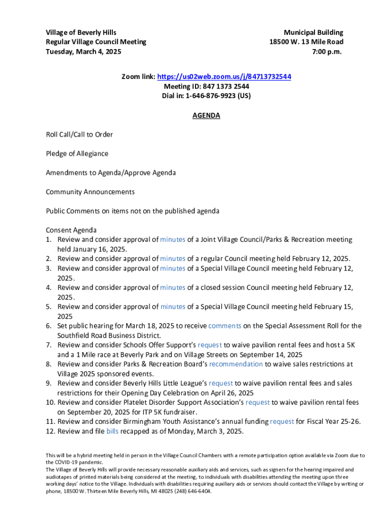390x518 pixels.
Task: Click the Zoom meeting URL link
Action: [x=224, y=77]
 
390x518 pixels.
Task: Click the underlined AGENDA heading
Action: [x=206, y=115]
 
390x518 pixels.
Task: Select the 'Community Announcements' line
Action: [x=90, y=192]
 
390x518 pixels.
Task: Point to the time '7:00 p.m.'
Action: [x=328, y=51]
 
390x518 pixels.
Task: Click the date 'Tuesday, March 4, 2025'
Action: [x=84, y=51]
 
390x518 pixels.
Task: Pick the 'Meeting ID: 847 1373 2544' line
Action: [x=206, y=87]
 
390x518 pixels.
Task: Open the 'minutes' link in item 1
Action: [x=173, y=240]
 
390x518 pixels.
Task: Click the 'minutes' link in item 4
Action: [x=173, y=287]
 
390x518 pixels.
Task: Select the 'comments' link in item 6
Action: [x=224, y=326]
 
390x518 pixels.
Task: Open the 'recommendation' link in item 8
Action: [x=236, y=364]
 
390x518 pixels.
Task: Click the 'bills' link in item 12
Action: [x=112, y=431]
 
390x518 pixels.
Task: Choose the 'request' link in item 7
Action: [x=210, y=344]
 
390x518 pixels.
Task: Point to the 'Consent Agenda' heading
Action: [x=71, y=230]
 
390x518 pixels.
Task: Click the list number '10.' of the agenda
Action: [x=51, y=403]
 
